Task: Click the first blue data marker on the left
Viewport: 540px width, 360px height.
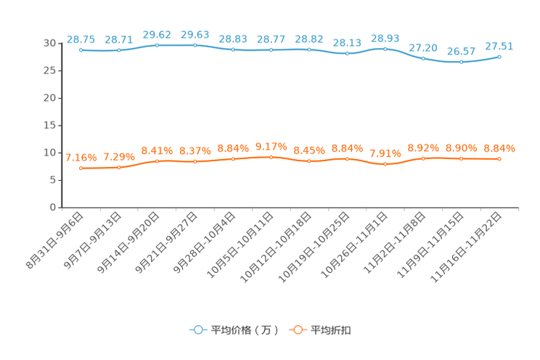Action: pos(81,50)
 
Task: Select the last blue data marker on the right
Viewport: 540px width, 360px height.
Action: pos(499,57)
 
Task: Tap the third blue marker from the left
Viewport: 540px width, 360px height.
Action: pos(157,45)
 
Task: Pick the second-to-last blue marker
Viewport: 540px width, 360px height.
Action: pos(461,62)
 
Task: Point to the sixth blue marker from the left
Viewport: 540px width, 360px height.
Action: pos(271,50)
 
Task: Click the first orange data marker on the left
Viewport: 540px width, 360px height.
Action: pos(81,168)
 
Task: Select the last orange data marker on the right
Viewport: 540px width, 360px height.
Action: pos(499,158)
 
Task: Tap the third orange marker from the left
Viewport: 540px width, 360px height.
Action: pos(157,161)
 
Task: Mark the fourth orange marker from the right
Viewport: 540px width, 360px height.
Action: pos(385,164)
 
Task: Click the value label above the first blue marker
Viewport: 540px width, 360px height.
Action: pos(81,38)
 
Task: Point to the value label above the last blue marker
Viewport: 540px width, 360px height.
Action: pos(499,46)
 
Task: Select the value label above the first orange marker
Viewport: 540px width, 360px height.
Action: pos(81,157)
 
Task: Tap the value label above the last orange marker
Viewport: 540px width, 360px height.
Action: pos(499,148)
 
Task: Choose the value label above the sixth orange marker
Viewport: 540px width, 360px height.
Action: pos(271,145)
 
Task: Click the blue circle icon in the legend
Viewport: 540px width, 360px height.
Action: pos(197,330)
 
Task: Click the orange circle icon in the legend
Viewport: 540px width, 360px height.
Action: pos(298,330)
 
